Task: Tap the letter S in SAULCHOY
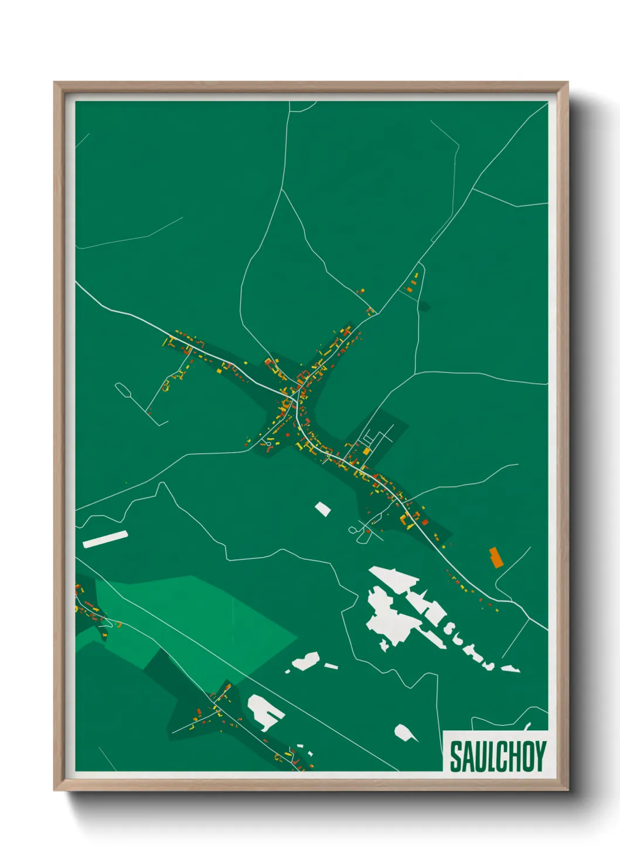[x=455, y=756]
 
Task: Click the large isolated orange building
[x=496, y=557]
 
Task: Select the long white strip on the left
[x=105, y=539]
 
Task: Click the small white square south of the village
[x=322, y=508]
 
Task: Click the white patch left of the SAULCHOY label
[x=404, y=732]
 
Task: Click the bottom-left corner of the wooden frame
[x=57, y=788]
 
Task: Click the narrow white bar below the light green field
[x=331, y=666]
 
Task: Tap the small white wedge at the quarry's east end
[x=511, y=668]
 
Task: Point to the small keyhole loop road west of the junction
[x=268, y=444]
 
